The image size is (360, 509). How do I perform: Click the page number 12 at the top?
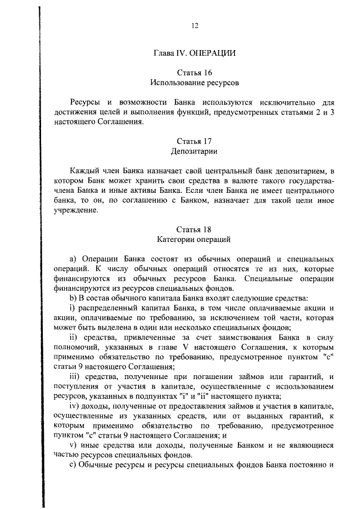195,25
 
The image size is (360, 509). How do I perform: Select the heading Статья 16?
195,73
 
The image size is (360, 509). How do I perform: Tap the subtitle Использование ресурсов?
195,82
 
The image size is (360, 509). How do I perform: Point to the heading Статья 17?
195,141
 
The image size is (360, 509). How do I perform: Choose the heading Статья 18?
195,229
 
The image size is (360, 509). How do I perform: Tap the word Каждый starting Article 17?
83,171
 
